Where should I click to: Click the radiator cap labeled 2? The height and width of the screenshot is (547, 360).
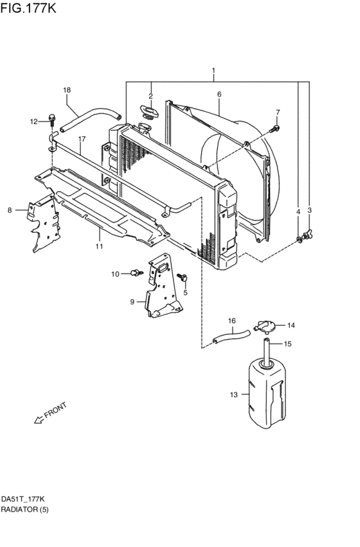(150, 112)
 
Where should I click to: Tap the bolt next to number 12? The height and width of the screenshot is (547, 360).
(52, 119)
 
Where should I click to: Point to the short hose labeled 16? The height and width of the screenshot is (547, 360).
(231, 336)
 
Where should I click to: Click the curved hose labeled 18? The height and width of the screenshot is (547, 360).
(90, 120)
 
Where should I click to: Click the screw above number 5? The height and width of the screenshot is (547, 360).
(183, 278)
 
